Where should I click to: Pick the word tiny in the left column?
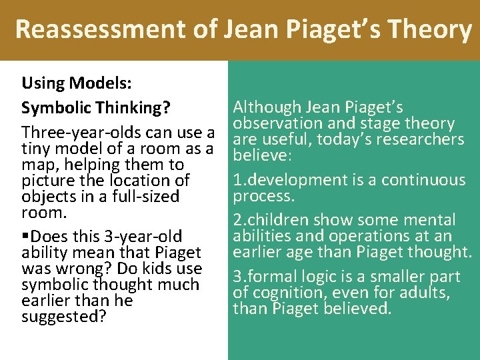35,148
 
